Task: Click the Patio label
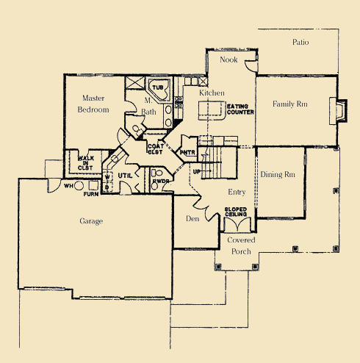[300, 42]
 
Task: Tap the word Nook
[229, 60]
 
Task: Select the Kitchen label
[212, 94]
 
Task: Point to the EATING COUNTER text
[240, 109]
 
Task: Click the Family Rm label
[289, 104]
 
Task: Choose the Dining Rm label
[278, 175]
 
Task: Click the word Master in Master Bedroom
[93, 98]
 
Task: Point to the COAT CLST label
[155, 150]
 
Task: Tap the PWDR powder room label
[161, 180]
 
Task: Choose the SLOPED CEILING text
[240, 213]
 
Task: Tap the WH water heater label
[68, 185]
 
